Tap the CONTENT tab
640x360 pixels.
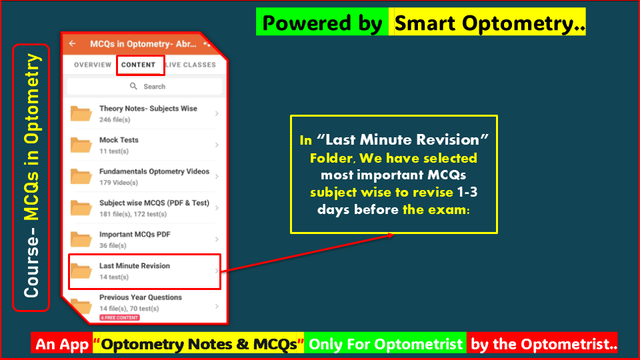[139, 65]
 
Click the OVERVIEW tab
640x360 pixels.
[93, 65]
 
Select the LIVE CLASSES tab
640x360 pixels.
[191, 65]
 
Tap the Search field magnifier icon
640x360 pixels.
[133, 86]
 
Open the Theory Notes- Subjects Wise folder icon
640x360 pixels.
[81, 114]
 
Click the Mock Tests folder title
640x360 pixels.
[119, 140]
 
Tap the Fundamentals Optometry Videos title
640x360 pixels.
[154, 171]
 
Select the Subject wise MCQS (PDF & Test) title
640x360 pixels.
[154, 203]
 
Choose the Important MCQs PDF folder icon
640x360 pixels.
[81, 239]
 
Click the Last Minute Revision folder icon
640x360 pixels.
[81, 271]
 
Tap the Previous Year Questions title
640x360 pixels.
[140, 297]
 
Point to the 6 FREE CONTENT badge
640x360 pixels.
[119, 317]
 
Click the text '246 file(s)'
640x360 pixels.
[115, 120]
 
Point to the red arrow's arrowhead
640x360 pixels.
[390, 235]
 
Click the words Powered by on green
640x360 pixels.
[322, 23]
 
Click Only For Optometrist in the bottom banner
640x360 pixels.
[385, 344]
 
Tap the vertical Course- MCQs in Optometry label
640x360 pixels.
[31, 177]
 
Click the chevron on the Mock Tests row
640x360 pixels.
[217, 145]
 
